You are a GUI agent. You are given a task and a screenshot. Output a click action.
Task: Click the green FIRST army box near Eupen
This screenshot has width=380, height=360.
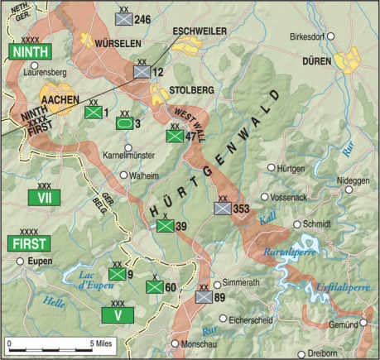(28, 242)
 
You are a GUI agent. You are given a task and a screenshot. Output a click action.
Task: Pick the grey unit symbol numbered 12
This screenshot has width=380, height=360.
(142, 73)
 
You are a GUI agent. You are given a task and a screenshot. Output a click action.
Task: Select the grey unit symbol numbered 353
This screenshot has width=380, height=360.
(222, 209)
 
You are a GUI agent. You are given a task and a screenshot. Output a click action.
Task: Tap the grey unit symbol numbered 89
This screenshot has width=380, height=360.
(204, 296)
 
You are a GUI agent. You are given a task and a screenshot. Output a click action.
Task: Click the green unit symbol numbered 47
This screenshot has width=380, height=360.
(174, 137)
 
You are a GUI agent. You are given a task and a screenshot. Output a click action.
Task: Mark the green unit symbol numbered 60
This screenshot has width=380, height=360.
(154, 287)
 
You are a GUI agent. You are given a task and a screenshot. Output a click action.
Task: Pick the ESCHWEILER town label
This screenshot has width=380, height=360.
(199, 31)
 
